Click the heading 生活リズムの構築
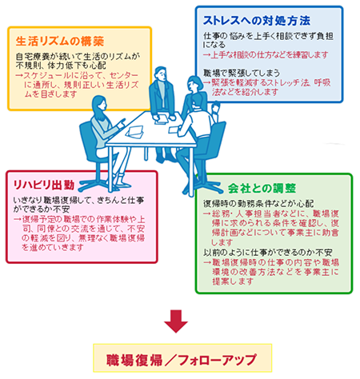60,42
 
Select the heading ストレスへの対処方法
257,21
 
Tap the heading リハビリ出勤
44,185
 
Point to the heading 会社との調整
262,188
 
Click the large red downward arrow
176,321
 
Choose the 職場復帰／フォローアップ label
182,360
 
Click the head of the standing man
161,74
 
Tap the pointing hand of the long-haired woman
122,123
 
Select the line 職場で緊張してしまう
242,73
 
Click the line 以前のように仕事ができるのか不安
268,252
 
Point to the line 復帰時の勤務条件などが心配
258,204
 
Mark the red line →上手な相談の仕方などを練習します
266,55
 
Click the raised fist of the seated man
215,106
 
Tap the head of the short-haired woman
195,83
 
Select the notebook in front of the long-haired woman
135,132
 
